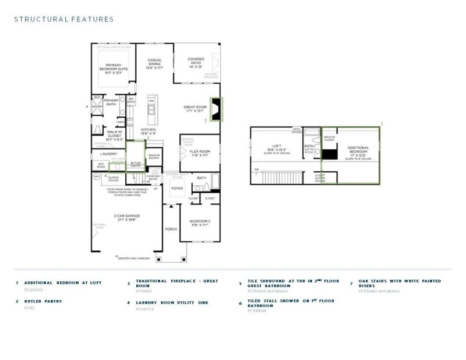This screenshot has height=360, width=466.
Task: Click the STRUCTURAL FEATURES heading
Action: [64, 19]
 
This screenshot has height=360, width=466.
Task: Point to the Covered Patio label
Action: [195, 63]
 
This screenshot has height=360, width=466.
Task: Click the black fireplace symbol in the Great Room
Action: [216, 110]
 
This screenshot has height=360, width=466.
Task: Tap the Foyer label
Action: [177, 189]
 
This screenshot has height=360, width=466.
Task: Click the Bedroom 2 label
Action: [200, 223]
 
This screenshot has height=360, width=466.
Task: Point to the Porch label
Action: [171, 229]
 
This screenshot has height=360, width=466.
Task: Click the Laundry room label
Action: [109, 154]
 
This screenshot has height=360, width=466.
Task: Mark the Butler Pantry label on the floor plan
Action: [135, 164]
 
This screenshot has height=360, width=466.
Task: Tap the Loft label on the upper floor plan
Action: [277, 148]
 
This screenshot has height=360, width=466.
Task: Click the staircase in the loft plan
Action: [282, 177]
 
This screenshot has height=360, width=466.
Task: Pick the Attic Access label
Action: [296, 131]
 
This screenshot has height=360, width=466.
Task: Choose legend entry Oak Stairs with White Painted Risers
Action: [400, 283]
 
